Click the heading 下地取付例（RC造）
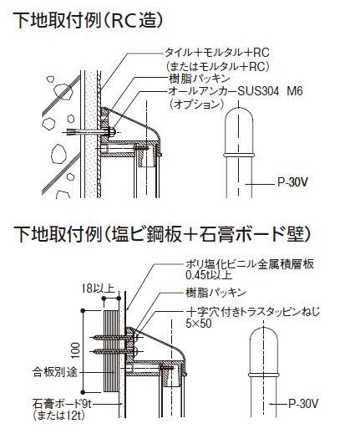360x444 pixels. tap(89, 20)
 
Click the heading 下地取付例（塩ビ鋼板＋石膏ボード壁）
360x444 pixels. tap(162, 234)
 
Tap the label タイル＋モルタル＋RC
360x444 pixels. tap(217, 53)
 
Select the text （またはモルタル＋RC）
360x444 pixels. tap(217, 66)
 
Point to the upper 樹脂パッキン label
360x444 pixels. tap(199, 79)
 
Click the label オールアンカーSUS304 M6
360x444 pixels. tap(236, 91)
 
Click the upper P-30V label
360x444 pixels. tap(292, 182)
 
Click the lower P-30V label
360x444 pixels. tap(303, 404)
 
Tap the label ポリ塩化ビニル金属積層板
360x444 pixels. tap(250, 264)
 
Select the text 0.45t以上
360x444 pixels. tap(209, 275)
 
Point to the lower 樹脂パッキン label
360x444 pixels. tap(215, 293)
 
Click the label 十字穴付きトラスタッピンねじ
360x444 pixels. tap(253, 312)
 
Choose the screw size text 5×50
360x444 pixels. tap(199, 324)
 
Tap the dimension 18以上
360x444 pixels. tap(98, 288)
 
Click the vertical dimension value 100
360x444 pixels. tap(75, 350)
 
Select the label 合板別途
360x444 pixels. tap(54, 372)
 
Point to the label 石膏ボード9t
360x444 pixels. tap(61, 404)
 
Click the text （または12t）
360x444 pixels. tap(58, 416)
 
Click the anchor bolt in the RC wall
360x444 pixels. tap(91, 131)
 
